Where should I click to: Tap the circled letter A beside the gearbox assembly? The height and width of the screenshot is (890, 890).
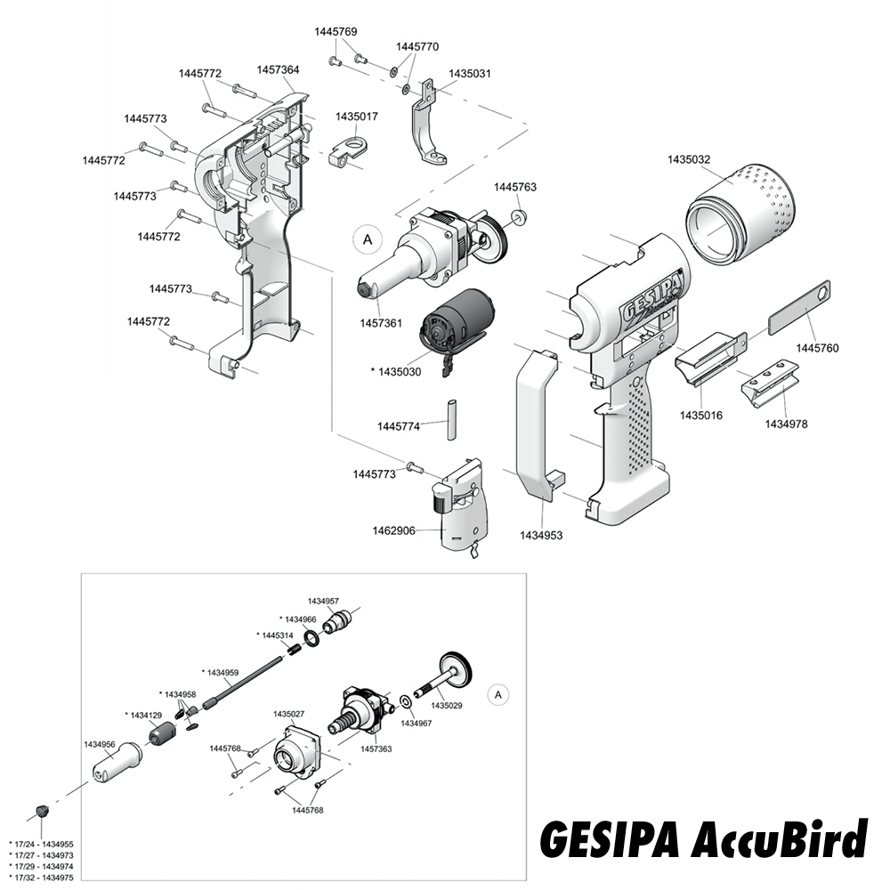pyautogui.click(x=367, y=239)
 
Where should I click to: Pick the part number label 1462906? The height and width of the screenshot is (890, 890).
pyautogui.click(x=393, y=531)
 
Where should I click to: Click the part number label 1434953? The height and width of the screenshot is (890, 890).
pyautogui.click(x=541, y=536)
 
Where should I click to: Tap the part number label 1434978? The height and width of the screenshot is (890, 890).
pyautogui.click(x=787, y=425)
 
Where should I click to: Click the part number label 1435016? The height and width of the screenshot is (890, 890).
pyautogui.click(x=701, y=415)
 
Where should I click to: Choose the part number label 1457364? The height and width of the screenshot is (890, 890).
pyautogui.click(x=279, y=69)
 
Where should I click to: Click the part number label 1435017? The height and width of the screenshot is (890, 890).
pyautogui.click(x=357, y=117)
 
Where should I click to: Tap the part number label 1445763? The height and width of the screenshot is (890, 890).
pyautogui.click(x=515, y=187)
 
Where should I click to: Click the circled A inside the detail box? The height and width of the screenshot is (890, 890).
pyautogui.click(x=498, y=693)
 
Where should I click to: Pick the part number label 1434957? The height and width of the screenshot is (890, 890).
pyautogui.click(x=323, y=602)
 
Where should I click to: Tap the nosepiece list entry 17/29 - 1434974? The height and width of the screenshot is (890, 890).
pyautogui.click(x=41, y=866)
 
